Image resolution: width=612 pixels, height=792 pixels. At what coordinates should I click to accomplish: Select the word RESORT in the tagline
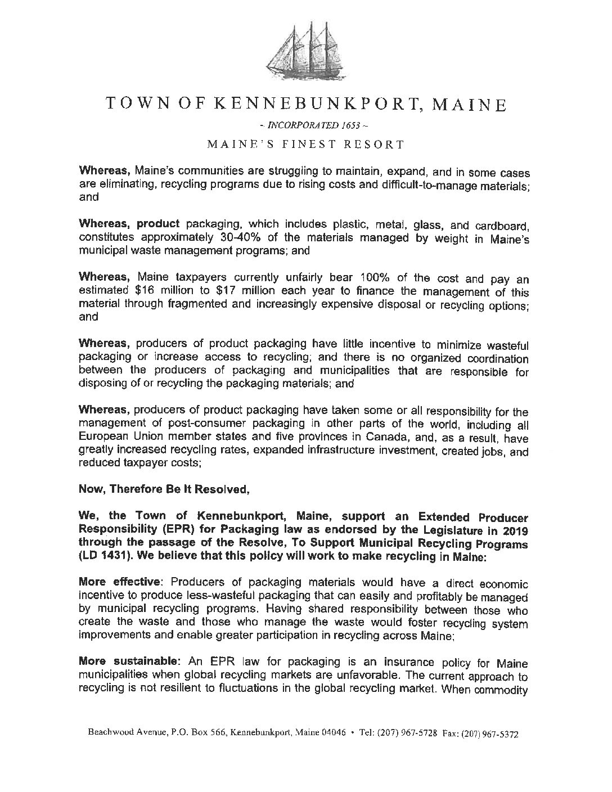[377, 144]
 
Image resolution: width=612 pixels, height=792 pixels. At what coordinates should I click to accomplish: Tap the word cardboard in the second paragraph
[502, 226]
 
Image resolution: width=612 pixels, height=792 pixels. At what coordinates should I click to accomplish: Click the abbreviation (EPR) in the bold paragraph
[184, 530]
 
